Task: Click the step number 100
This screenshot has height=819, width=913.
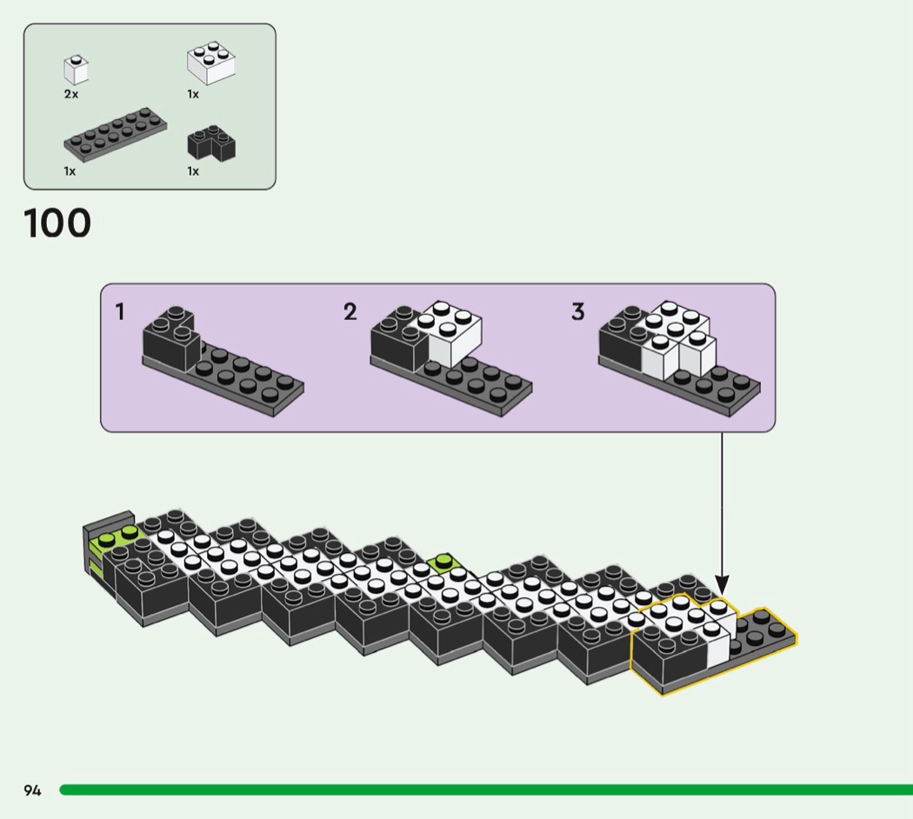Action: (57, 223)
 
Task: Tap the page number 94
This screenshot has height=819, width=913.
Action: (32, 790)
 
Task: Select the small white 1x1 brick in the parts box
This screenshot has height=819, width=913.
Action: (76, 70)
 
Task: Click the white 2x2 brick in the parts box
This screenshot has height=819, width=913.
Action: (211, 63)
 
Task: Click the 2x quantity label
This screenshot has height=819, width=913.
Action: (71, 94)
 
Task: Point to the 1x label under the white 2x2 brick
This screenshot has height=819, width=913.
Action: (193, 94)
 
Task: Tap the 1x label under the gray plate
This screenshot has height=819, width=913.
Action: (70, 171)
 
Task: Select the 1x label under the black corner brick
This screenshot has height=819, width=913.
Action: (193, 171)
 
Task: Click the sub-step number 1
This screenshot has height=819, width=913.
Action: (121, 312)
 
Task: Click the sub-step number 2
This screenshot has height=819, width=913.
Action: (350, 312)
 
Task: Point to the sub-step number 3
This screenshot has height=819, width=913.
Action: (578, 312)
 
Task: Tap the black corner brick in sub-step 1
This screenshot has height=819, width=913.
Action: (170, 338)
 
